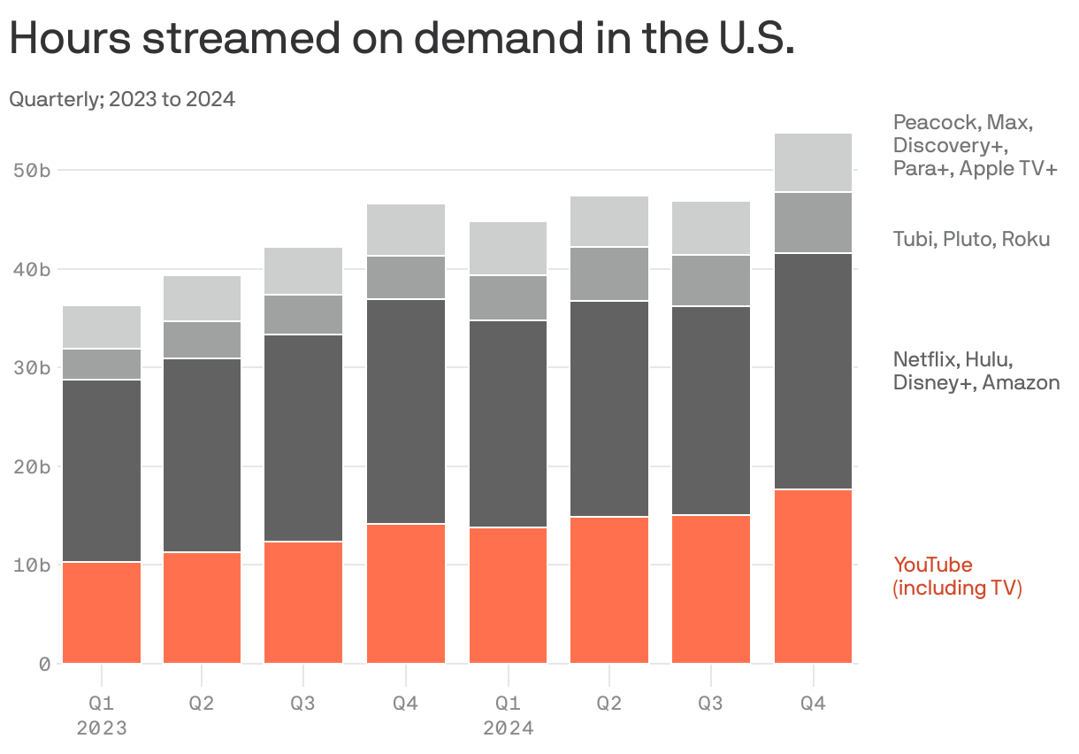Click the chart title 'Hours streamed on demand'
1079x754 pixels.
(402, 40)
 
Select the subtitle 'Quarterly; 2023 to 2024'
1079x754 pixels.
(122, 99)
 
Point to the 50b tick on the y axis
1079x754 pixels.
(32, 170)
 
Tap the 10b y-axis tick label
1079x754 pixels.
(32, 565)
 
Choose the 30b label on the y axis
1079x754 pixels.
(32, 367)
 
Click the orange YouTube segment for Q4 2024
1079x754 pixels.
(813, 576)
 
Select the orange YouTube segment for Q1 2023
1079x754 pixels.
(102, 612)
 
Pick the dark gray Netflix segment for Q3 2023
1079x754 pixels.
(303, 438)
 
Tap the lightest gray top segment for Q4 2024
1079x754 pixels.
(813, 163)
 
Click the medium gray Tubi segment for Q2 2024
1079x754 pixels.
(609, 274)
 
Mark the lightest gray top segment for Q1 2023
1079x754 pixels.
(102, 327)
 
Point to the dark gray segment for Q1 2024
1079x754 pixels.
(508, 424)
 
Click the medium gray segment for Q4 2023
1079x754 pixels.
(406, 278)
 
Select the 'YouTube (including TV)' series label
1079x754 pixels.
(957, 576)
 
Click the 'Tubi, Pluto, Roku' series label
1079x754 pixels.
(971, 239)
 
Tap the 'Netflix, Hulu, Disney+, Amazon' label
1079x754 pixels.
(976, 371)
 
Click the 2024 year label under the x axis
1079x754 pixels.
(508, 729)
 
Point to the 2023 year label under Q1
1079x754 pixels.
(102, 729)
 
